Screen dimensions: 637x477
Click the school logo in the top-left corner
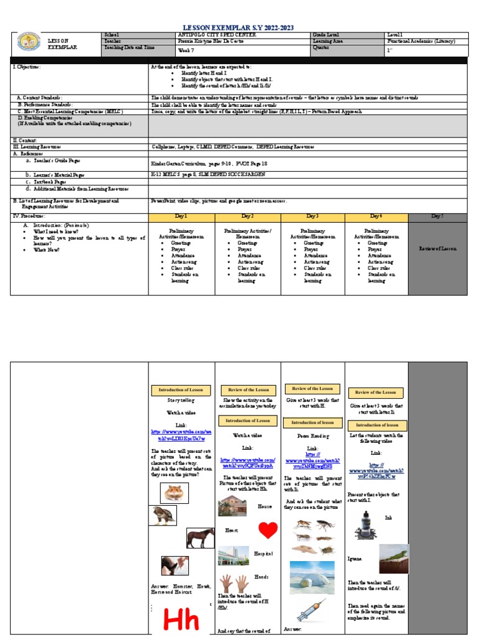coord(28,42)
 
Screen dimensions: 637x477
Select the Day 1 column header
coord(181,216)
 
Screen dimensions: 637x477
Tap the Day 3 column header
coord(311,216)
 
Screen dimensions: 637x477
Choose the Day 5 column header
coord(437,216)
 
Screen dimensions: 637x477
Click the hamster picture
coord(174,493)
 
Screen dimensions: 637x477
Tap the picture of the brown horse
coord(201,538)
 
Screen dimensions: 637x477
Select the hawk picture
coord(163,515)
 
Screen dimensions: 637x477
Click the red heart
coord(268,530)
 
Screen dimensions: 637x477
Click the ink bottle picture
coord(365,524)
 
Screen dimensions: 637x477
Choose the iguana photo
coord(394,559)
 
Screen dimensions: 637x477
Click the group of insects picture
coord(313,536)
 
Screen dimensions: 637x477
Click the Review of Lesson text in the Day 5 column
coord(437,248)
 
